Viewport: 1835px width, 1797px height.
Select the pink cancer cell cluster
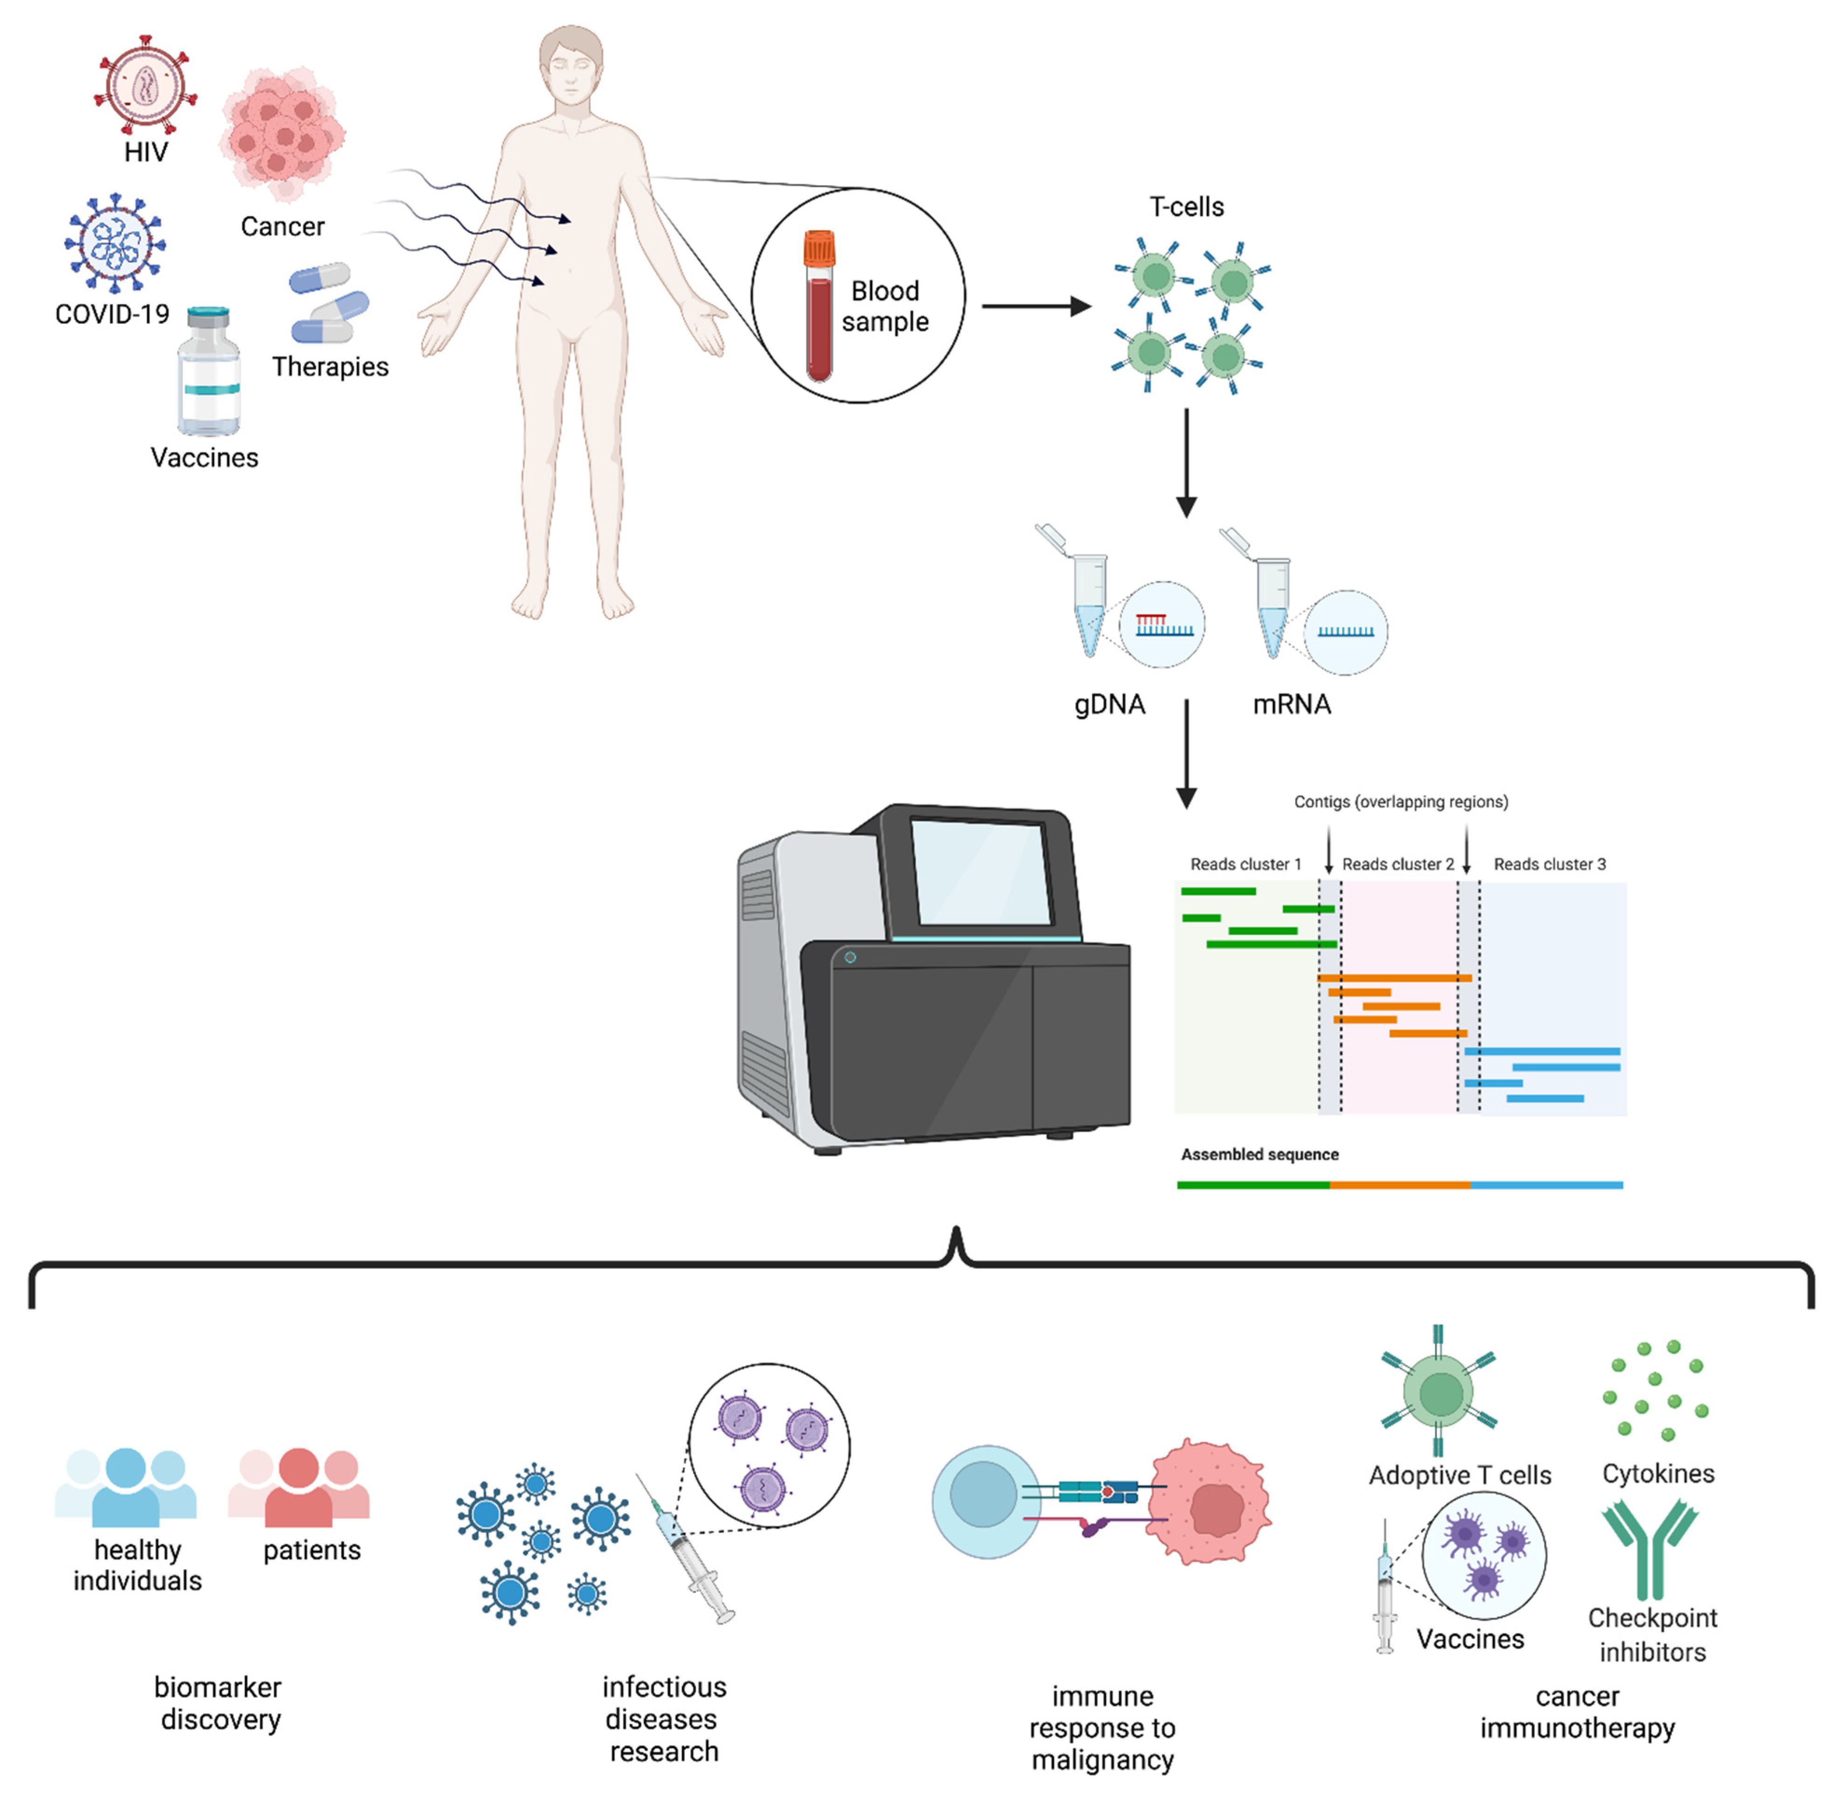pyautogui.click(x=281, y=132)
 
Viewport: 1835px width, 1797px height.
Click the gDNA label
pyautogui.click(x=1109, y=704)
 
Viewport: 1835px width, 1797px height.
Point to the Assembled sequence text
pyautogui.click(x=1259, y=1154)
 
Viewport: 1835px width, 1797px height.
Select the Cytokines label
pyautogui.click(x=1658, y=1473)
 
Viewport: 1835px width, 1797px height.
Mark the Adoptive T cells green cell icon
pyautogui.click(x=1439, y=1392)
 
